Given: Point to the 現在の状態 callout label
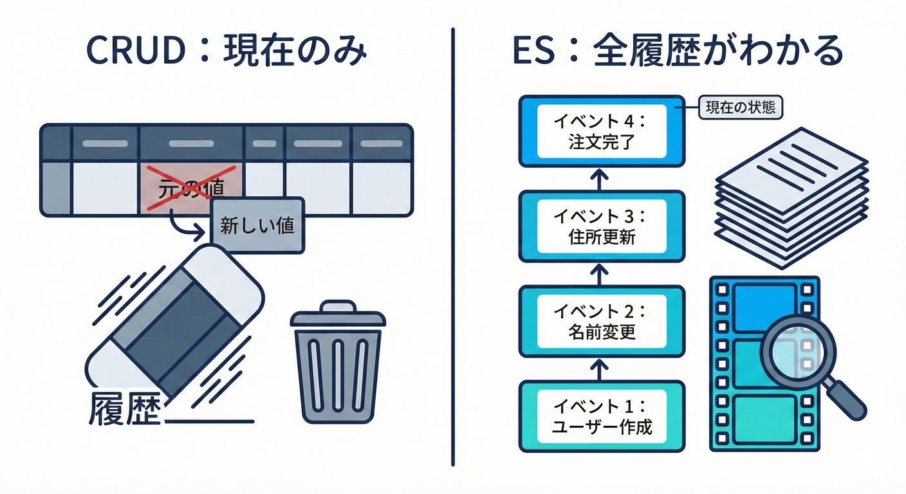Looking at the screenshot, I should (741, 108).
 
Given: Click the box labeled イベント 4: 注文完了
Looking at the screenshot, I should (602, 131).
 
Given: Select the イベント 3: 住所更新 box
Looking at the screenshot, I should (602, 226).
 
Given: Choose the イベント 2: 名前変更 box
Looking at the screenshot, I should (602, 321).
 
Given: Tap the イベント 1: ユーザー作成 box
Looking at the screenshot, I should (602, 416).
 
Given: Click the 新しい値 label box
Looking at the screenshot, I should (257, 226).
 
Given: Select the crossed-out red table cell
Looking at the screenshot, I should (192, 189).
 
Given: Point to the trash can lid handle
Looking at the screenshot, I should (337, 306).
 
